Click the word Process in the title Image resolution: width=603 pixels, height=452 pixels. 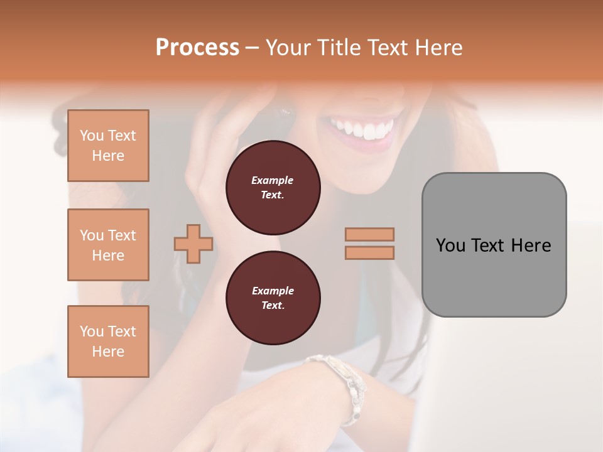tap(197, 48)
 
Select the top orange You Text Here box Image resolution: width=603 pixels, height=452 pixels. tap(108, 146)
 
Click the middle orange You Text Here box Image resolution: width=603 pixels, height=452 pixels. tap(108, 245)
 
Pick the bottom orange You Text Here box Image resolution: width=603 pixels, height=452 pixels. tap(108, 342)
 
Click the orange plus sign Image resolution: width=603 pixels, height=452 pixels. tap(193, 244)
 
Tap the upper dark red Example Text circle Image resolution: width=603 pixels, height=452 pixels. tap(273, 188)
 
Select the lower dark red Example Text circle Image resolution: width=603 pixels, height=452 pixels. tap(273, 298)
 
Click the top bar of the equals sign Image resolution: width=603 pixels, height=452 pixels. tap(370, 234)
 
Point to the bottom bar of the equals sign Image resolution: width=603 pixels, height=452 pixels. tap(370, 252)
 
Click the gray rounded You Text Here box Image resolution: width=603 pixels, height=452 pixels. tap(494, 245)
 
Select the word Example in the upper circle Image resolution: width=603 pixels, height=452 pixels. tap(273, 180)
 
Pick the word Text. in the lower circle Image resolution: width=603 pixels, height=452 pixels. tap(273, 306)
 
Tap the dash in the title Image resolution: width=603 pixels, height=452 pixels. tap(253, 48)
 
